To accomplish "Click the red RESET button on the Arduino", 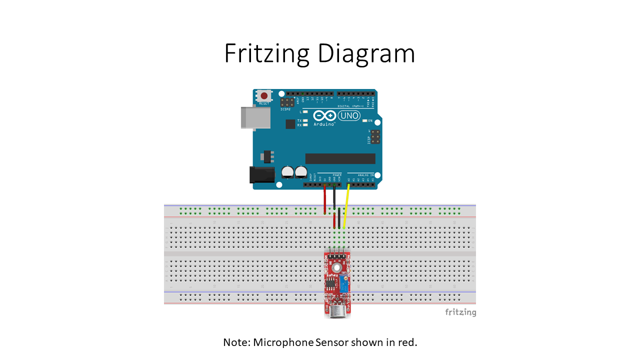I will (263, 95).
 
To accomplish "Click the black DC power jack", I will (261, 174).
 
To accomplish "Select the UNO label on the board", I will (349, 116).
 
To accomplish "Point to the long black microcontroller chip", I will (340, 158).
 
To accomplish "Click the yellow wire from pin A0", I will (346, 205).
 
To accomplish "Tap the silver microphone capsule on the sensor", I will (338, 311).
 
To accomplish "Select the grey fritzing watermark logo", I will (460, 312).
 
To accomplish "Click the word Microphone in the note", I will (283, 342).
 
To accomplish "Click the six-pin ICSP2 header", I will (286, 102).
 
